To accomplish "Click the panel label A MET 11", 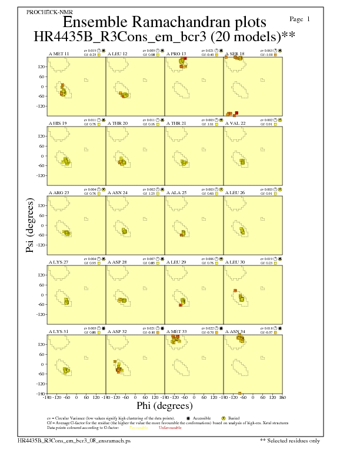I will pos(59,54).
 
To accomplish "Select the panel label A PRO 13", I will pos(176,54).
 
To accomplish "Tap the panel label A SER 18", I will pos(235,54).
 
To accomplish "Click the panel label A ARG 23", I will pos(59,192).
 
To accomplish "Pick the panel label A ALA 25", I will pos(176,192).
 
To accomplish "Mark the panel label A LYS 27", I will pos(59,262).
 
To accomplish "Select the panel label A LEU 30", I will pos(235,262).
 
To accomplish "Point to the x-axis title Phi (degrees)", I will pos(164,406).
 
